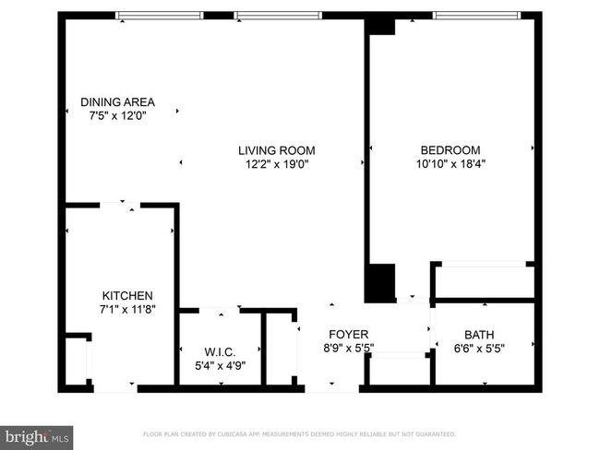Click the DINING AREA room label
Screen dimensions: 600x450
click(x=117, y=102)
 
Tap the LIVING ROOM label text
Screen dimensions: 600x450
click(x=277, y=150)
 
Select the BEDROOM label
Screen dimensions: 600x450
click(x=450, y=150)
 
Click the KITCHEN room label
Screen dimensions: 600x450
click(x=127, y=295)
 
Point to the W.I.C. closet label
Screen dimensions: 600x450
click(x=220, y=351)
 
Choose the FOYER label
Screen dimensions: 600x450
click(x=349, y=335)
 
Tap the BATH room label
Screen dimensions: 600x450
click(x=479, y=335)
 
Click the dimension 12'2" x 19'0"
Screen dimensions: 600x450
click(x=277, y=164)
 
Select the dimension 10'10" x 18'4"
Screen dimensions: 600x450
click(x=450, y=163)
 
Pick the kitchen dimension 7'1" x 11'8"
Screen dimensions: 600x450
click(x=127, y=309)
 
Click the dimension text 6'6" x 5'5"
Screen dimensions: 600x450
click(x=479, y=349)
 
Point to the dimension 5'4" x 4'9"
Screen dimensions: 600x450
click(x=220, y=365)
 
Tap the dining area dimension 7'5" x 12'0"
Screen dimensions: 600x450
click(x=117, y=115)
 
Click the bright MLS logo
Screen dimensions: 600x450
click(x=36, y=438)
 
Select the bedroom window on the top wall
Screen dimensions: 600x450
click(x=476, y=16)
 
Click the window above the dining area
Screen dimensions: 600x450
click(x=159, y=16)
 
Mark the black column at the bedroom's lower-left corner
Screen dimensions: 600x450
click(x=379, y=283)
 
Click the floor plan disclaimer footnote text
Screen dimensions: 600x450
click(x=300, y=434)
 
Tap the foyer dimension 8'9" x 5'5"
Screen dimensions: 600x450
click(x=349, y=348)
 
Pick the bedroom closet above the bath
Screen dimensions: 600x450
click(x=485, y=281)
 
